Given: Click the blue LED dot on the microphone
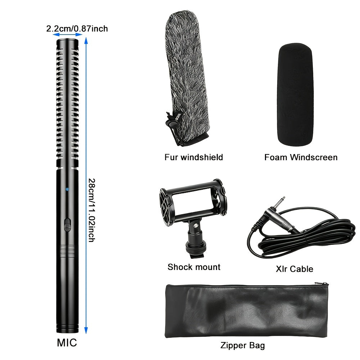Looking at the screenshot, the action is pyautogui.click(x=67, y=189).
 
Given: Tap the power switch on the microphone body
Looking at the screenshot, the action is pyautogui.click(x=67, y=225).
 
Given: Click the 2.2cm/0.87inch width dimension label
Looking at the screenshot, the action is pyautogui.click(x=77, y=29).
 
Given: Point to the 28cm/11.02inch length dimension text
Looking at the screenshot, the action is pyautogui.click(x=91, y=210).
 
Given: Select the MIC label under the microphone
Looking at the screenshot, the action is pyautogui.click(x=67, y=343).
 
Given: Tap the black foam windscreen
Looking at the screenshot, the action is pyautogui.click(x=296, y=95).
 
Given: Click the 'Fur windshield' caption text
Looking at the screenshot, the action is pyautogui.click(x=194, y=157).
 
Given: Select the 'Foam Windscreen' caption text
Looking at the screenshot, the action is pyautogui.click(x=301, y=157).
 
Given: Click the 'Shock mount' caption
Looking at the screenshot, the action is pyautogui.click(x=194, y=267).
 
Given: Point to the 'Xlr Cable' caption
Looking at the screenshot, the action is pyautogui.click(x=294, y=269).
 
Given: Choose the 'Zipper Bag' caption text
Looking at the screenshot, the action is pyautogui.click(x=243, y=345).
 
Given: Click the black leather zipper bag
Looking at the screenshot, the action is pyautogui.click(x=246, y=311).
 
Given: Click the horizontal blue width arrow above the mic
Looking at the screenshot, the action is pyautogui.click(x=68, y=35).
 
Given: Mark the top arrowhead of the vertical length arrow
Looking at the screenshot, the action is pyautogui.click(x=86, y=40).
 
